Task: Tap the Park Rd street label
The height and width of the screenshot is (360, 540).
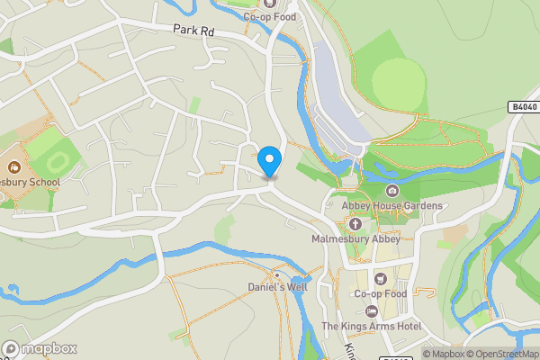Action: pyautogui.click(x=193, y=30)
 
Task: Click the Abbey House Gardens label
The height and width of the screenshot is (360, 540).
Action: pyautogui.click(x=392, y=206)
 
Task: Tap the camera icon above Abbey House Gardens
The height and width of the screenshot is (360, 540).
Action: pyautogui.click(x=392, y=191)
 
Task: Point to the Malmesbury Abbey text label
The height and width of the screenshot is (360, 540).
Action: pyautogui.click(x=355, y=239)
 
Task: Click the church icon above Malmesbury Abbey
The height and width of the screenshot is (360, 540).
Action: pyautogui.click(x=355, y=223)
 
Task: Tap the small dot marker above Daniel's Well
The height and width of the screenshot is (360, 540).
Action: pyautogui.click(x=278, y=274)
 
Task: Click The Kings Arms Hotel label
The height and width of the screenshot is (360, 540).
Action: pyautogui.click(x=371, y=326)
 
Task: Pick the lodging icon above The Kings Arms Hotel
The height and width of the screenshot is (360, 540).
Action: pyautogui.click(x=371, y=310)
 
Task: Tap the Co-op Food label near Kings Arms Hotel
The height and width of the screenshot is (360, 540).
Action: pyautogui.click(x=381, y=293)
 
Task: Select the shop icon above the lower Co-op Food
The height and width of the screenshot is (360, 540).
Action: pyautogui.click(x=381, y=278)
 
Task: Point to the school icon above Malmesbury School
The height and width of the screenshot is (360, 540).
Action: pyautogui.click(x=14, y=166)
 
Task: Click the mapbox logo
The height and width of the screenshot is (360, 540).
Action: pyautogui.click(x=40, y=349)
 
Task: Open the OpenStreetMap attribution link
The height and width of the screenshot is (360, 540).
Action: pyautogui.click(x=500, y=354)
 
